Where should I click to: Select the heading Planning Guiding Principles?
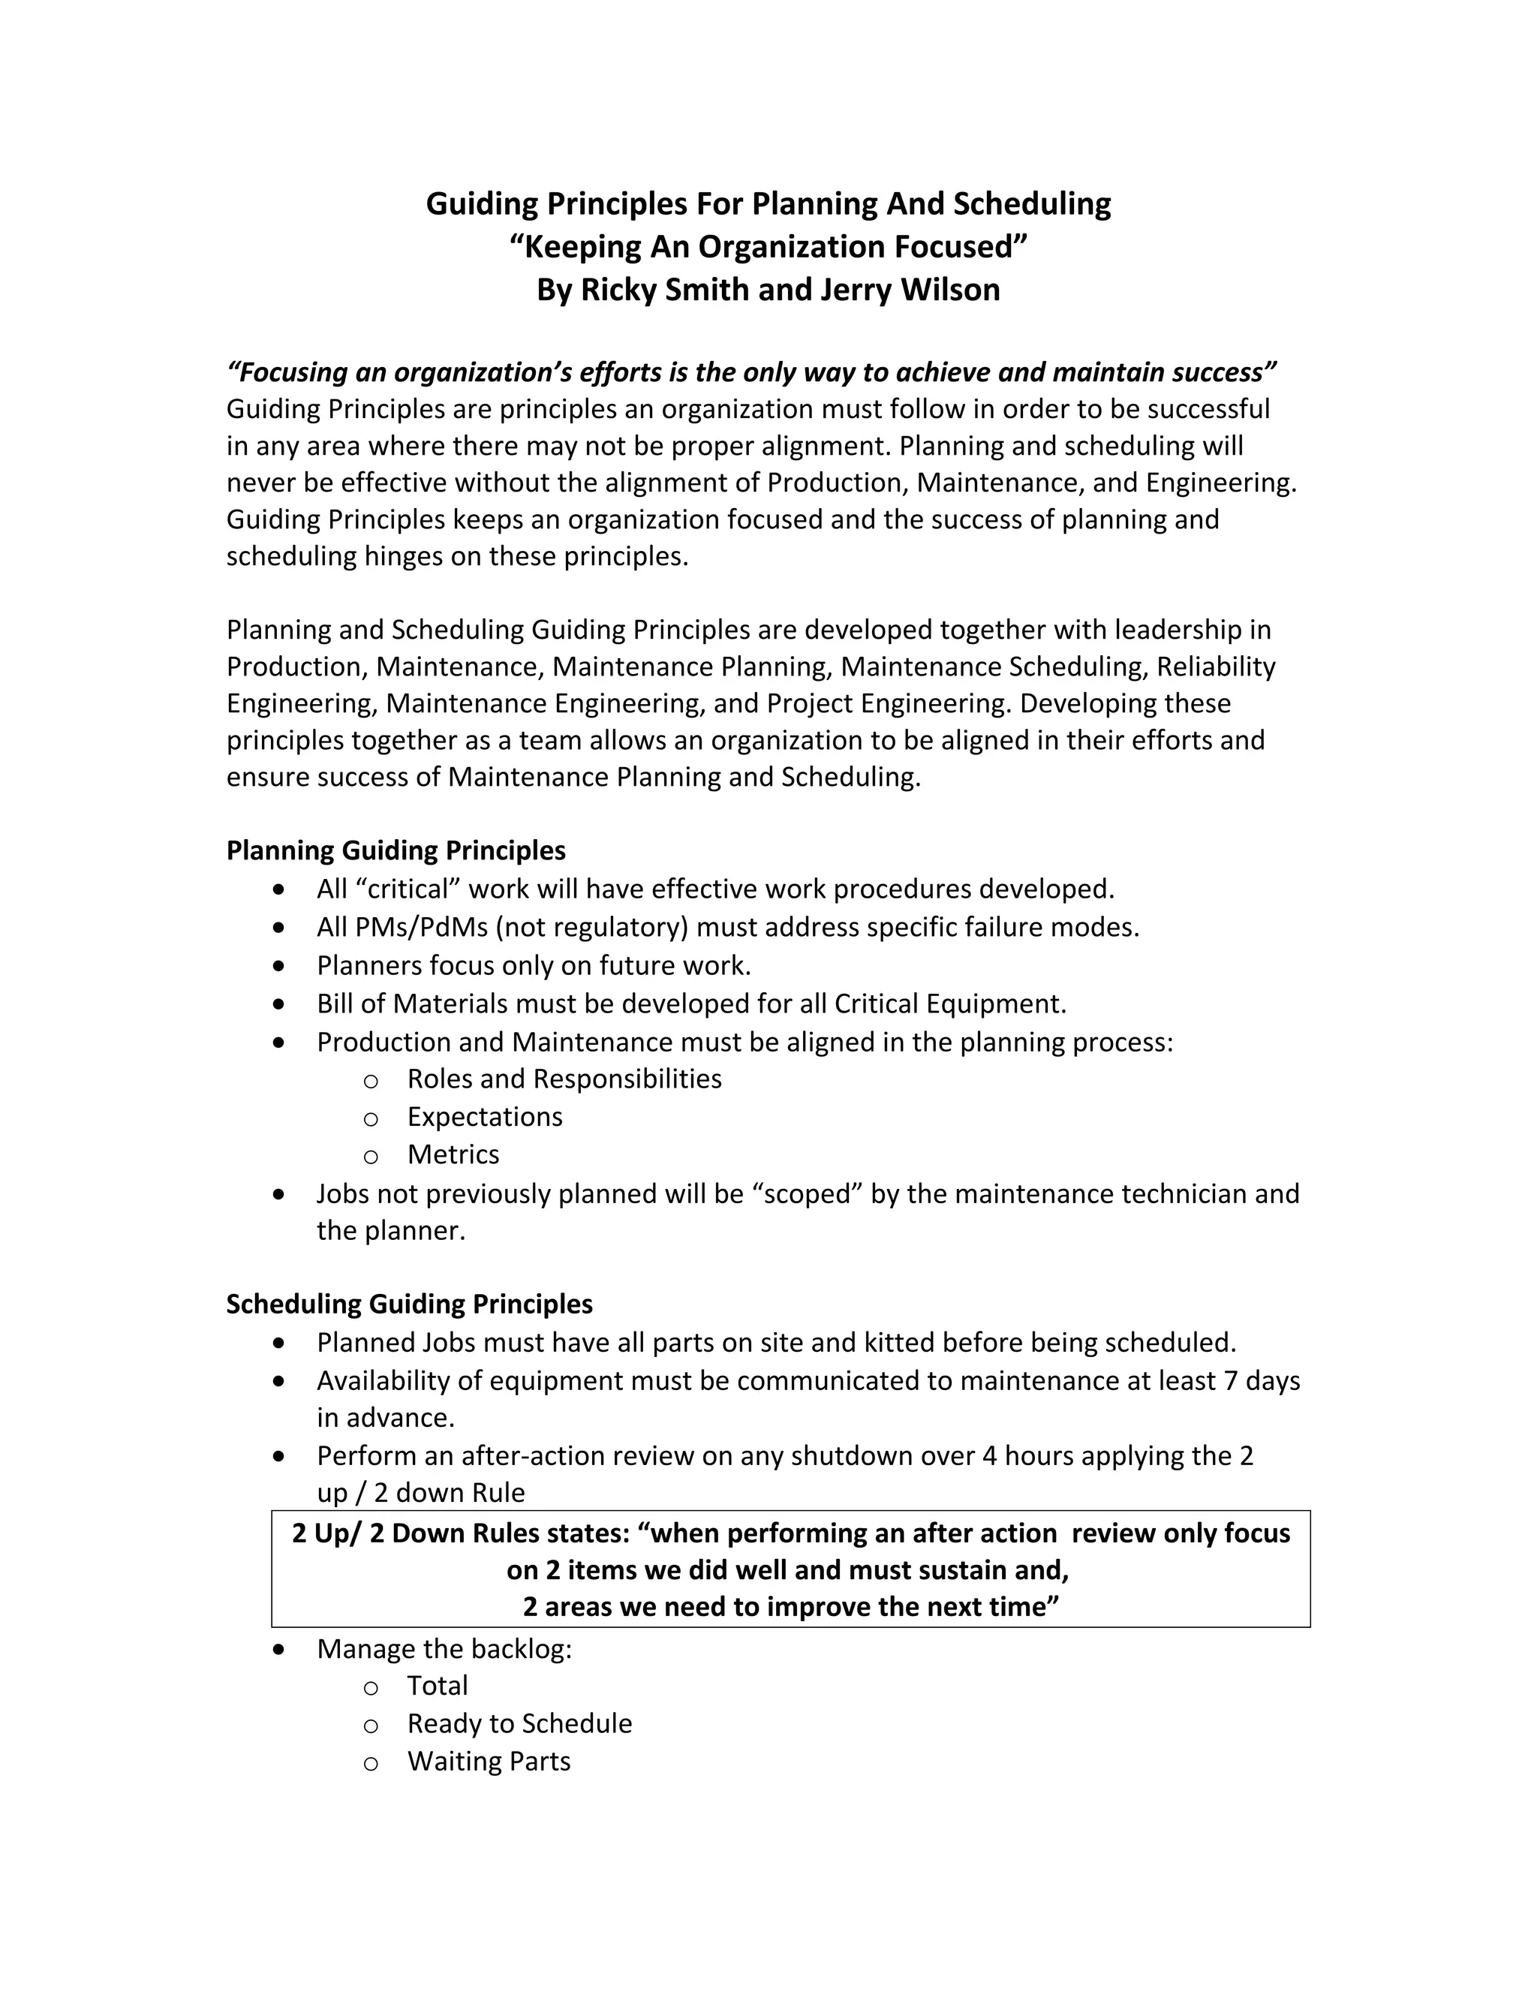pos(396,850)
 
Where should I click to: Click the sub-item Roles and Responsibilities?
pos(564,1079)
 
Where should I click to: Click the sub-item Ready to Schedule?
pos(519,1723)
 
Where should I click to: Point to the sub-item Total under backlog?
pos(437,1685)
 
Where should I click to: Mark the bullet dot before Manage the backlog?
pos(279,1648)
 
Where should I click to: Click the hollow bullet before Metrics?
pos(371,1157)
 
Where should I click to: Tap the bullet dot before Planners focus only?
pos(279,964)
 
